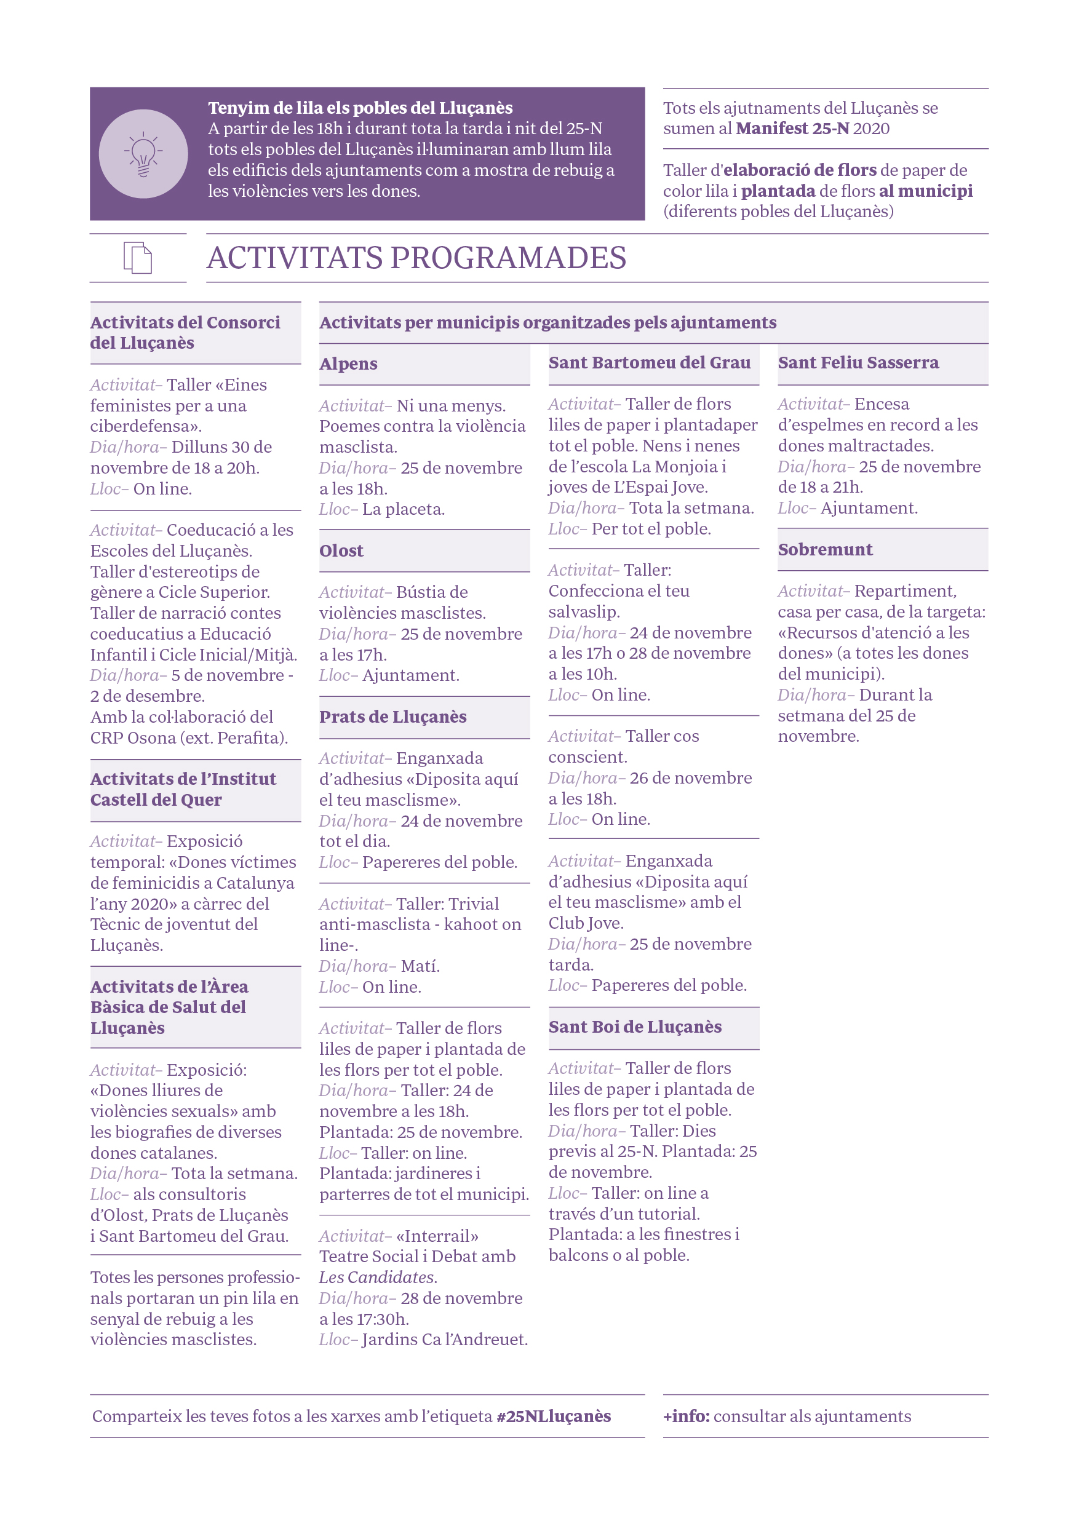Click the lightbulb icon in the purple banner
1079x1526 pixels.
tap(143, 154)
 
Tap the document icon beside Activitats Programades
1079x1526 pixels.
tap(138, 258)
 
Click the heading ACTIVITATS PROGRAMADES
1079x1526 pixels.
tap(416, 258)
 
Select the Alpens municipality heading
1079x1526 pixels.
tap(348, 364)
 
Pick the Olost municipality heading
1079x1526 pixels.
tap(341, 550)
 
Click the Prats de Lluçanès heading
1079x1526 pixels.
tap(392, 717)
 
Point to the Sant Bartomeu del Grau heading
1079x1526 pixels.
tap(649, 362)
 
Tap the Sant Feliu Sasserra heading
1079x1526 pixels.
tap(858, 362)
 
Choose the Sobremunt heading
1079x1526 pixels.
tap(824, 549)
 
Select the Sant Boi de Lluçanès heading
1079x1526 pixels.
tap(634, 1026)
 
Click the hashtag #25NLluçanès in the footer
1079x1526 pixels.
tap(553, 1416)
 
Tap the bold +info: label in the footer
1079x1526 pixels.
tap(686, 1416)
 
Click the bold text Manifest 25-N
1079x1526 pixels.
tap(792, 129)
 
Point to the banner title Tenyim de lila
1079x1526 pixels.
tap(360, 108)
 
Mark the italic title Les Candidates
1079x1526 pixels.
tap(377, 1277)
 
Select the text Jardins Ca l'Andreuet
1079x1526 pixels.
tap(444, 1339)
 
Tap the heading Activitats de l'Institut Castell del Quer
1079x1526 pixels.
tap(183, 789)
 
